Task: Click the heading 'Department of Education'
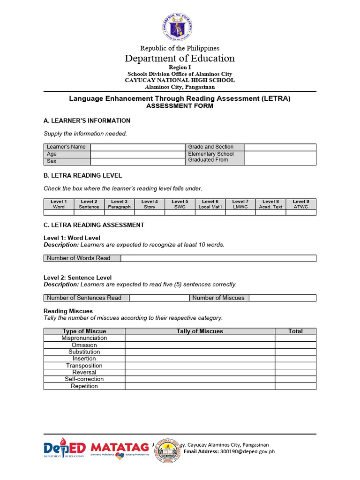180,58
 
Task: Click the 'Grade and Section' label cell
215,147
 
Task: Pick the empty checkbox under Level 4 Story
150,212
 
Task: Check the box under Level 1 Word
59,212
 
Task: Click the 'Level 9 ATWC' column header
300,204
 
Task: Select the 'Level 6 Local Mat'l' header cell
210,204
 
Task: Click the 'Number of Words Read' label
82,258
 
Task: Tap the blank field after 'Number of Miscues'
283,298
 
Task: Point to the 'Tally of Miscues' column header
200,331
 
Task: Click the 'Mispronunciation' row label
84,338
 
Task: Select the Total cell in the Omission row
295,345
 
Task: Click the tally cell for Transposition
200,366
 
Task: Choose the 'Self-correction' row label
84,379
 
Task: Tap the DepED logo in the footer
64,450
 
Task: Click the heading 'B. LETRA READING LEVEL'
82,175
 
